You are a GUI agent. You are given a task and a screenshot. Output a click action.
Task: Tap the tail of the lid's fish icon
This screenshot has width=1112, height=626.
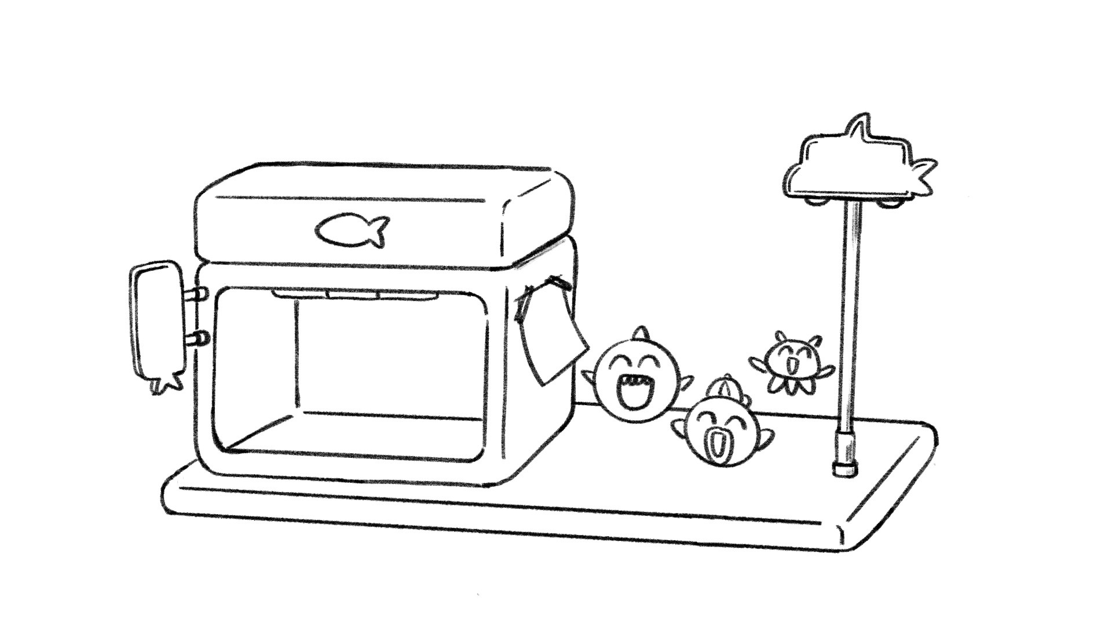coord(379,230)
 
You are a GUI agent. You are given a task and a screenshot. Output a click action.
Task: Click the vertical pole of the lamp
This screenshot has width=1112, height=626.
coord(848,319)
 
